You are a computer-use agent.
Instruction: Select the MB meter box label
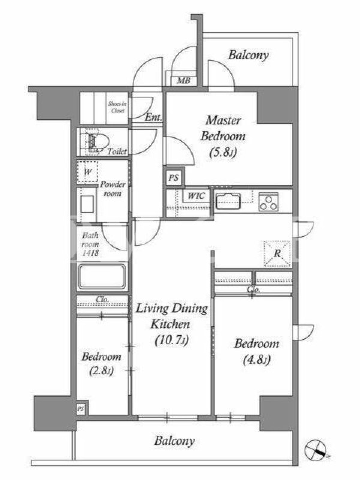pyautogui.click(x=184, y=81)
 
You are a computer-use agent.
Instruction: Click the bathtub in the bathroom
pyautogui.click(x=102, y=277)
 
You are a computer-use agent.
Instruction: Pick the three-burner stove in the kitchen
pyautogui.click(x=268, y=202)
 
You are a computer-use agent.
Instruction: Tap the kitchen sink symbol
pyautogui.click(x=228, y=202)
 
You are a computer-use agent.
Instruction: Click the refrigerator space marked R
pyautogui.click(x=277, y=253)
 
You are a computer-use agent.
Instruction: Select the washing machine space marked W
pyautogui.click(x=87, y=172)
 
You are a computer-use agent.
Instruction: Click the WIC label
pyautogui.click(x=196, y=196)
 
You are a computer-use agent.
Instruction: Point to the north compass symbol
pyautogui.click(x=316, y=449)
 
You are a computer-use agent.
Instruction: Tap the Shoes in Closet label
pyautogui.click(x=117, y=107)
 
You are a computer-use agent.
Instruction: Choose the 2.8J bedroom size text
pyautogui.click(x=101, y=371)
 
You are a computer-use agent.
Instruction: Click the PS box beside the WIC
pyautogui.click(x=173, y=178)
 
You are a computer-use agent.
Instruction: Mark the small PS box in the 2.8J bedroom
pyautogui.click(x=80, y=409)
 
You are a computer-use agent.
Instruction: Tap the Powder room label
pyautogui.click(x=113, y=189)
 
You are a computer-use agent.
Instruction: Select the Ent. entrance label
pyautogui.click(x=154, y=117)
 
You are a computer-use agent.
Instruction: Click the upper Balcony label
pyautogui.click(x=248, y=55)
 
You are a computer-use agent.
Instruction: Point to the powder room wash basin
pyautogui.click(x=88, y=204)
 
